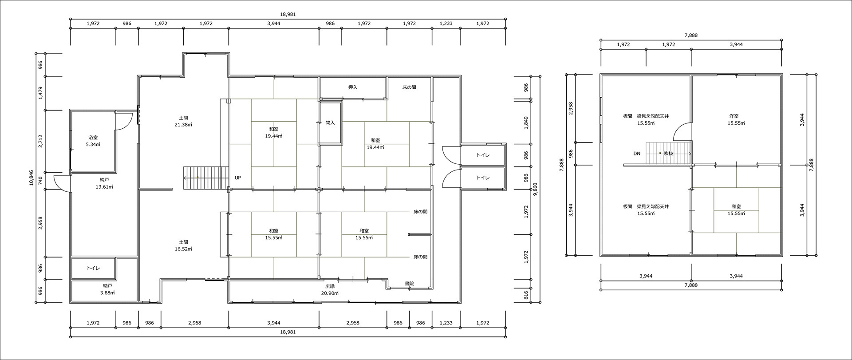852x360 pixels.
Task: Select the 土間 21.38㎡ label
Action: (183, 121)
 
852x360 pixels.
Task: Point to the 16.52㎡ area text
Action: (183, 249)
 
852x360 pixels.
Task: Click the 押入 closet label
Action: (353, 87)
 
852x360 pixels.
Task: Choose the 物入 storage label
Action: (330, 123)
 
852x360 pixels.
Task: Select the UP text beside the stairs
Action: (238, 178)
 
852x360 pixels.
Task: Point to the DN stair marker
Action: (637, 154)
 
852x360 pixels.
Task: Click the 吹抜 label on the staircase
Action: (669, 154)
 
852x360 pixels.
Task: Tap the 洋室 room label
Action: (734, 116)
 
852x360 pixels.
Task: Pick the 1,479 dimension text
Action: (40, 93)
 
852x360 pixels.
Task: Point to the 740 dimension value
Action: (40, 181)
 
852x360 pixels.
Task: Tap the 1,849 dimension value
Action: (526, 123)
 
